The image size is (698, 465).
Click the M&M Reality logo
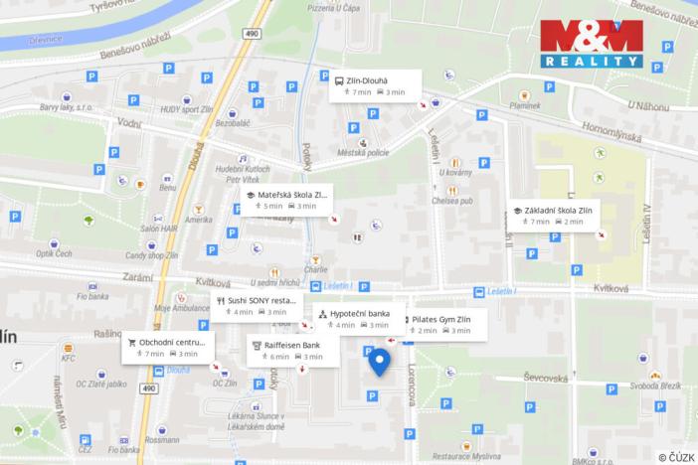[x=592, y=44]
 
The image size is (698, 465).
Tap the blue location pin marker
[x=380, y=363]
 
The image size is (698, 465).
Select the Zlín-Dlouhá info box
[x=376, y=85]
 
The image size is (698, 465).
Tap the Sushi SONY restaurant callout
[x=257, y=304]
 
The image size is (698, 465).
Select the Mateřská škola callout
[x=285, y=199]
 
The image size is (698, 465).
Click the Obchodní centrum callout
[x=166, y=347]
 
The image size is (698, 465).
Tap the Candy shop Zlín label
[x=153, y=256]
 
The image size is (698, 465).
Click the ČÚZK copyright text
[x=675, y=456]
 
